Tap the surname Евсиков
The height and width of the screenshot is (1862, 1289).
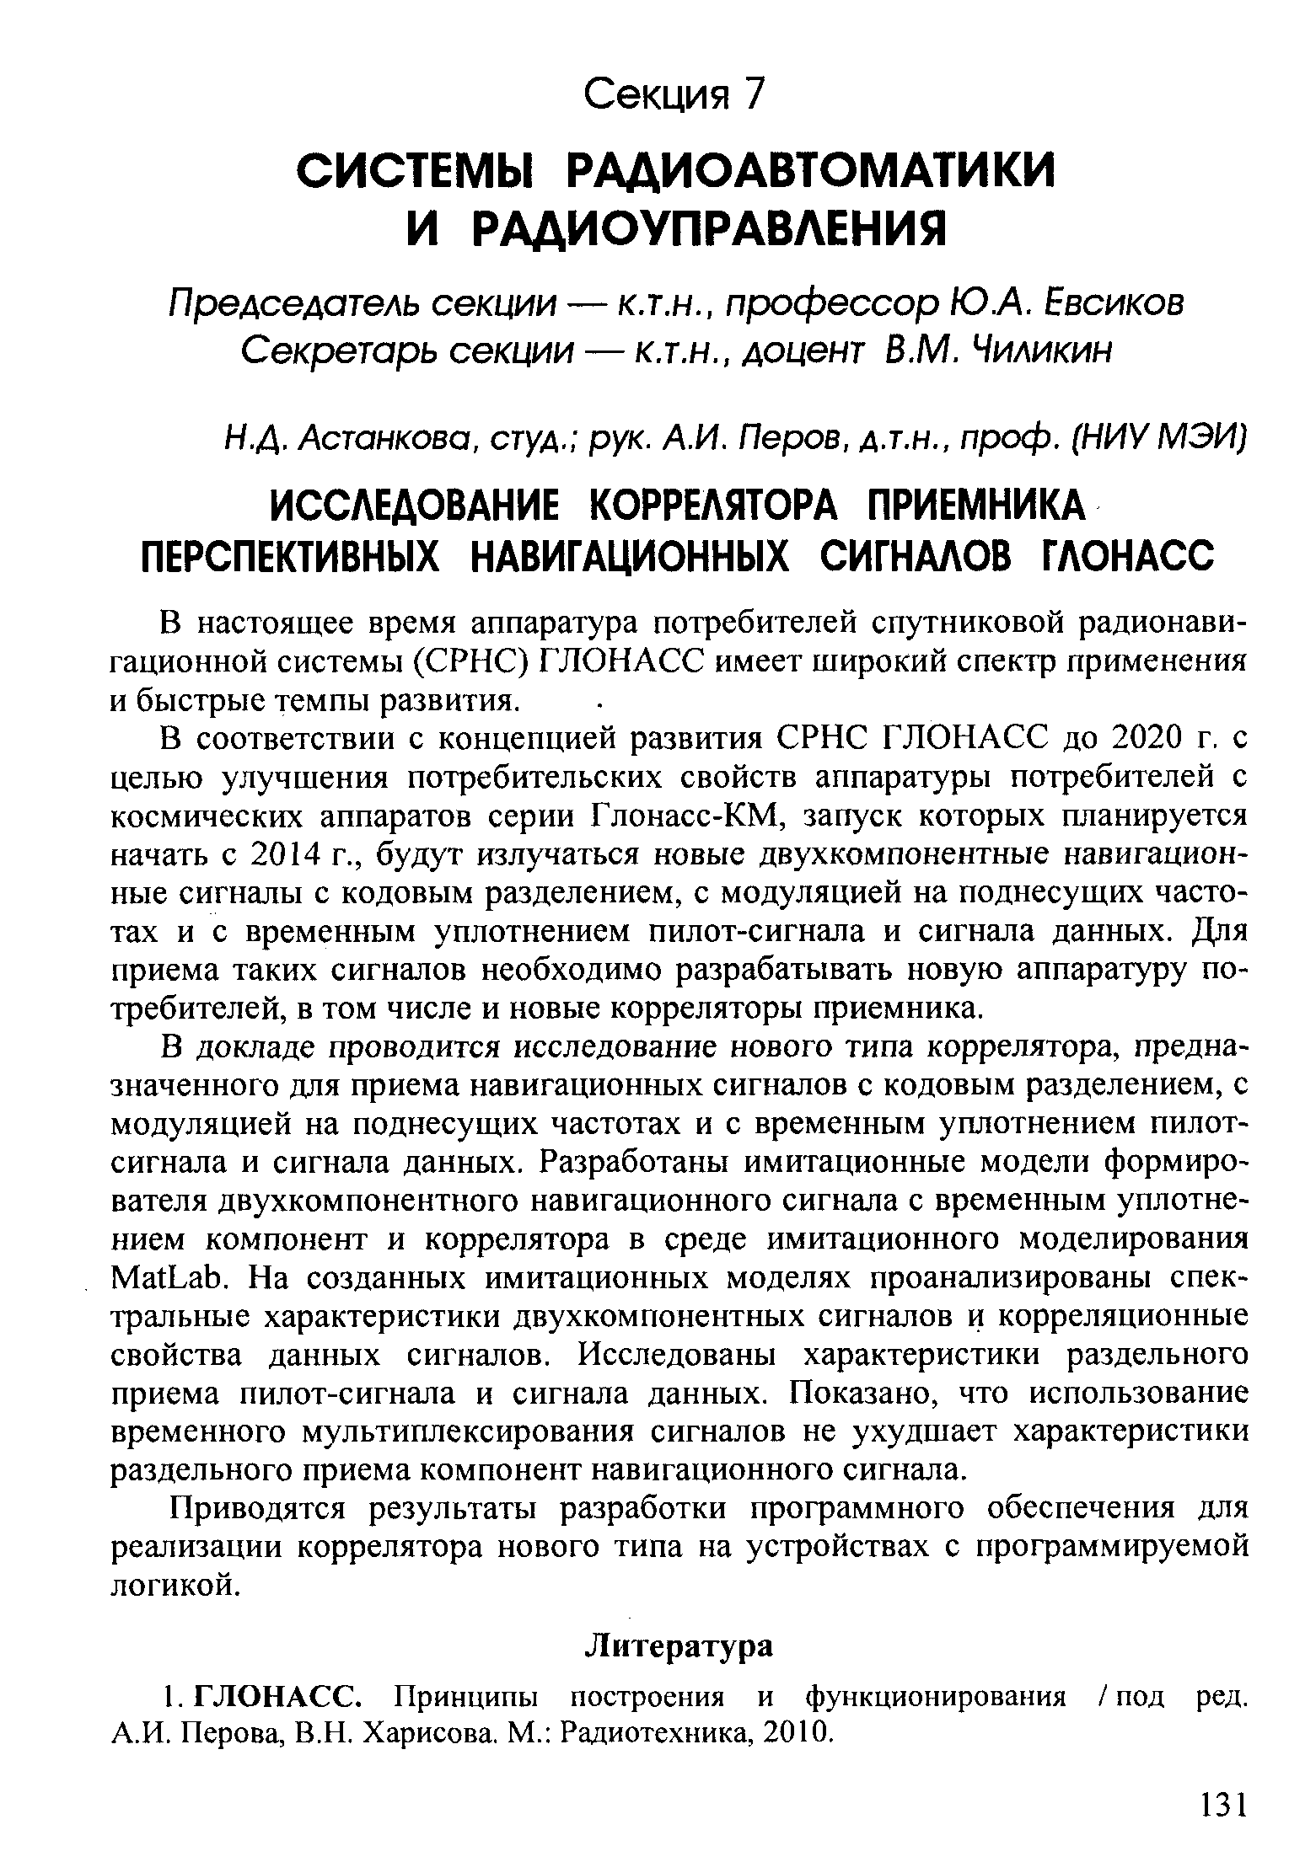pos(1085,302)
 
